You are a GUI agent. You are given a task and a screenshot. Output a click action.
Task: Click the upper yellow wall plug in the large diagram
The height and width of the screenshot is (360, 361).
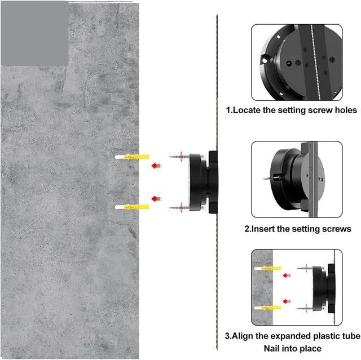(132, 157)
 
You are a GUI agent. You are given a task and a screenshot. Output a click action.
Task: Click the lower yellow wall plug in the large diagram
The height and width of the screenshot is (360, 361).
(132, 207)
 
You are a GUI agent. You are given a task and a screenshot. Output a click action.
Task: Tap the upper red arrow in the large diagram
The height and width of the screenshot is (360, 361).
(157, 166)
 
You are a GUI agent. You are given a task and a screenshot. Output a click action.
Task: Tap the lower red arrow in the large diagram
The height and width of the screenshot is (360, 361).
(157, 199)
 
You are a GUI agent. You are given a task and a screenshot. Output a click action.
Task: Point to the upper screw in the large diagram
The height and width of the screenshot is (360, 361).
(179, 157)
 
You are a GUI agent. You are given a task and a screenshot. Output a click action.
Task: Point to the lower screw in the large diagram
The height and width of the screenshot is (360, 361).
(179, 207)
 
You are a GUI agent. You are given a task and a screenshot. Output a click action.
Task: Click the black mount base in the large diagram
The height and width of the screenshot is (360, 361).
(203, 182)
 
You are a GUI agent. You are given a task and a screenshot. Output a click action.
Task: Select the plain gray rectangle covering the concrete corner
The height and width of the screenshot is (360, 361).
(35, 33)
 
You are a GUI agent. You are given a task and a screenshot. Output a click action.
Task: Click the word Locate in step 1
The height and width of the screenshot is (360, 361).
(246, 110)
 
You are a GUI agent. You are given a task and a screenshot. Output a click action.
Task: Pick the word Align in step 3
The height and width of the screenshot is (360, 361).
(242, 336)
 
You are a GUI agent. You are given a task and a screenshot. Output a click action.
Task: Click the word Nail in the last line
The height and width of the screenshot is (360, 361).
(271, 348)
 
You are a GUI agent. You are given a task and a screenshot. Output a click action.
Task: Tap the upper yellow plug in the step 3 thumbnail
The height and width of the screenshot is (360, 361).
(268, 268)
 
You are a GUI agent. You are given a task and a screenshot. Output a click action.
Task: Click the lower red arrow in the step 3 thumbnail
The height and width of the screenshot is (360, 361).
(287, 301)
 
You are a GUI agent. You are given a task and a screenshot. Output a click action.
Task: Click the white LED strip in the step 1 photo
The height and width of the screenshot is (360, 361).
(315, 62)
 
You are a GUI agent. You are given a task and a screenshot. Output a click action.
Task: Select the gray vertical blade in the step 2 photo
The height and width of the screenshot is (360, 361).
(313, 179)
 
